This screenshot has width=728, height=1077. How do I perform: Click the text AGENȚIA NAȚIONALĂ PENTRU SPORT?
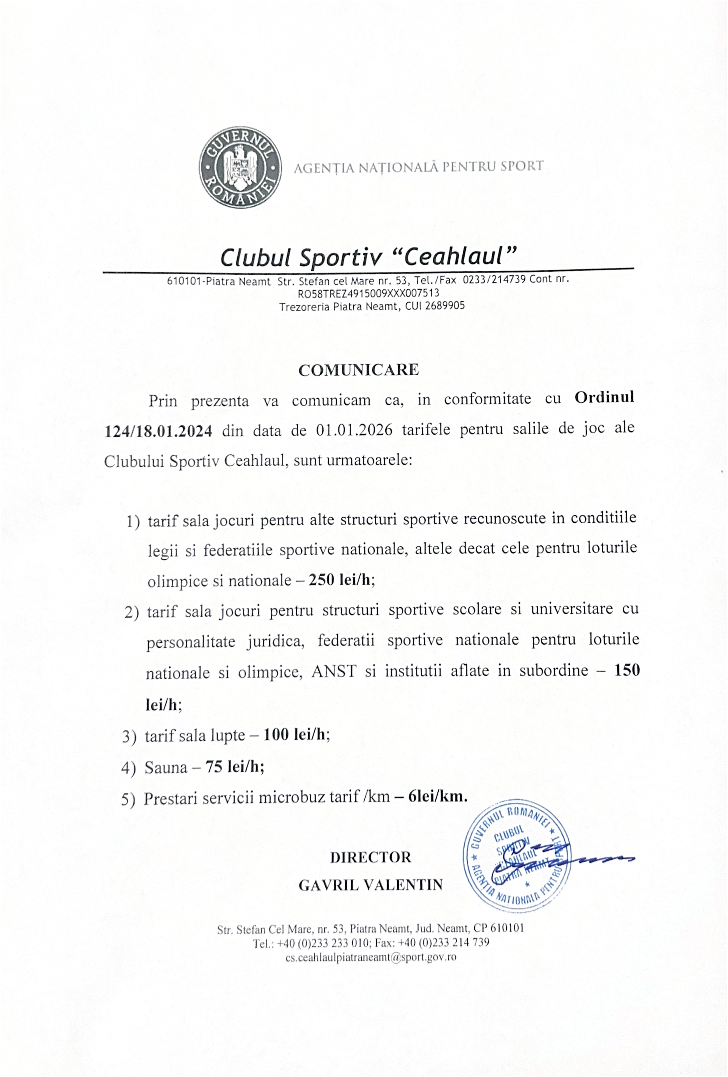coord(418,166)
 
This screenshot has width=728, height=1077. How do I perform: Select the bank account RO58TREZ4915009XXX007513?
coord(368,293)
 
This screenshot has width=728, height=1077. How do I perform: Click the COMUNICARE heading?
coord(358,370)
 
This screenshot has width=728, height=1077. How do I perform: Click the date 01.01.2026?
coord(354,430)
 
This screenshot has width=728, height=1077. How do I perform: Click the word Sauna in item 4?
coord(166,768)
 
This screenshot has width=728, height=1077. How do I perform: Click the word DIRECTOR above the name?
coord(370,857)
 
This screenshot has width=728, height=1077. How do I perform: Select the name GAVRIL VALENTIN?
coord(370,885)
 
